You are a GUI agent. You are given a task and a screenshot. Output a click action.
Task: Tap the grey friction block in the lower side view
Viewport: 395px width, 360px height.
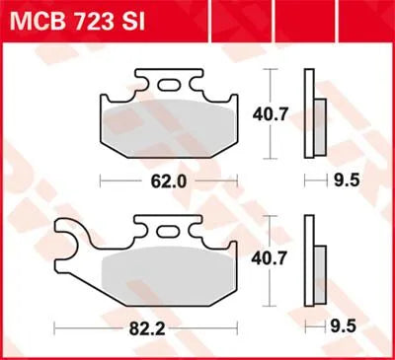pos(321,268)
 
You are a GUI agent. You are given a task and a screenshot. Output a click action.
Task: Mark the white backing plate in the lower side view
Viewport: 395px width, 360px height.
pos(310,262)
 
